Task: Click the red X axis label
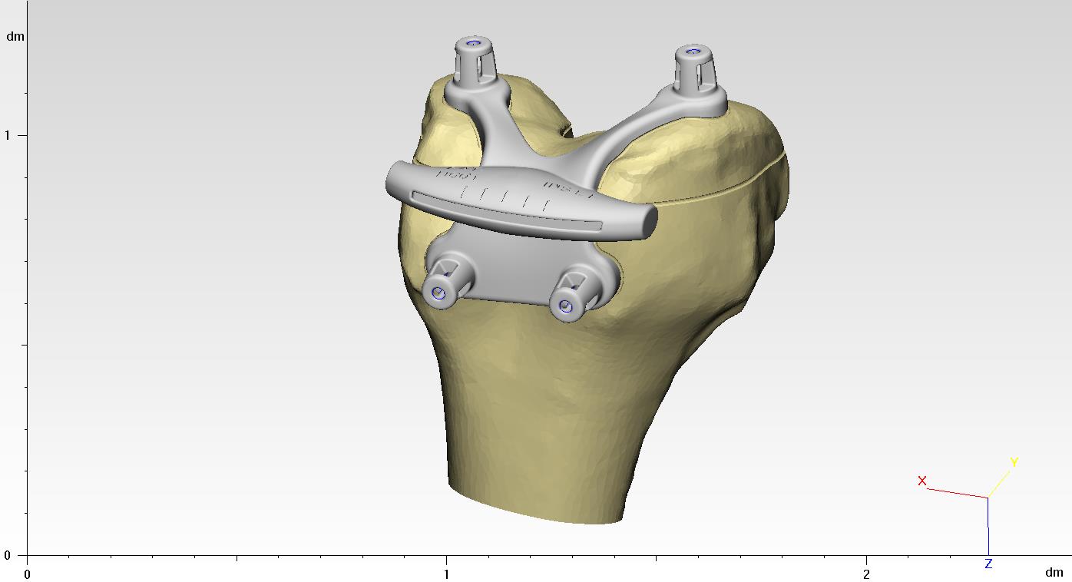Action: (922, 481)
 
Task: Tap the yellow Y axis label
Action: (1014, 462)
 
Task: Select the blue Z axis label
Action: (988, 564)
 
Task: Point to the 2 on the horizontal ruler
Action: (866, 574)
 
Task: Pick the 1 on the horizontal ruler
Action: (446, 574)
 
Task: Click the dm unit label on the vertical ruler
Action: (15, 36)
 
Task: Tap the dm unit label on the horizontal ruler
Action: (1054, 572)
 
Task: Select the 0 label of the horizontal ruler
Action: (28, 574)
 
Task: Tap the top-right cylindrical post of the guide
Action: (694, 69)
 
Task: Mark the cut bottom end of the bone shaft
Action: (538, 507)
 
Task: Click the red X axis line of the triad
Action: (956, 493)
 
